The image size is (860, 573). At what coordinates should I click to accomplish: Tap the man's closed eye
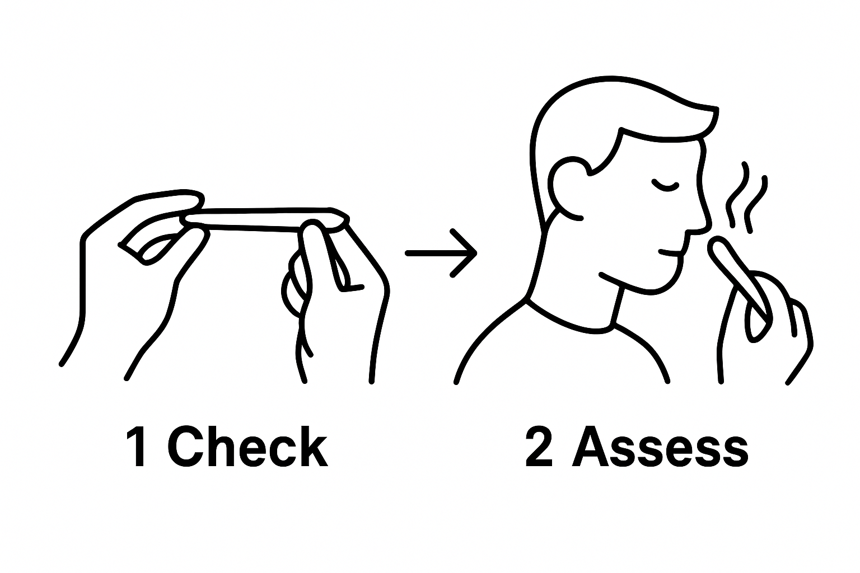(x=665, y=185)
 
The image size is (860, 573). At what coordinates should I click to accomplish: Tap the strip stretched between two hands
(x=263, y=218)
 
